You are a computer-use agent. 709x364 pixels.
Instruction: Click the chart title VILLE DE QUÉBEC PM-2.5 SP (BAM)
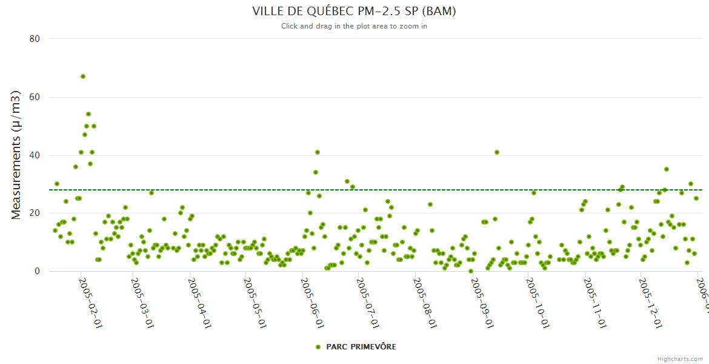pos(354,11)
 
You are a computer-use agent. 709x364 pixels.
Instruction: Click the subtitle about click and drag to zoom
pos(354,26)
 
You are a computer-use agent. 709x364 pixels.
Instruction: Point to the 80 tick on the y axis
pos(35,39)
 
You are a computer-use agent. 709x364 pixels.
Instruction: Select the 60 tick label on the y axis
pos(35,97)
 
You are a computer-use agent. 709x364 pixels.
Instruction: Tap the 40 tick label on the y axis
pos(35,155)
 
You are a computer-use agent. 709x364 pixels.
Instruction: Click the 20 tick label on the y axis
pos(35,214)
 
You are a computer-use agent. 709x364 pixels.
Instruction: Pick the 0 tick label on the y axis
pos(37,272)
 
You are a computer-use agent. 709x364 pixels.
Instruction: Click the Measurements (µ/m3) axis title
pos(16,155)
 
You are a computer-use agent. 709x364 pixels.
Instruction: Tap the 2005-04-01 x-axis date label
pos(199,295)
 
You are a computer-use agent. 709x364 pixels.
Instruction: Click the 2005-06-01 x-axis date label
pos(311,295)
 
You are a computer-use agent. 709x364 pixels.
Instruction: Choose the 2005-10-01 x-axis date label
pos(537,295)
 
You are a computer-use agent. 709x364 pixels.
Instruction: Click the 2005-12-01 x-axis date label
pos(650,295)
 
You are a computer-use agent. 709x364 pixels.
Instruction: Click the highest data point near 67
pos(83,76)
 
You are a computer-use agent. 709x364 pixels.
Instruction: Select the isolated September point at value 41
pos(497,152)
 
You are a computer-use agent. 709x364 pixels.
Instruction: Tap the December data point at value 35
pos(667,169)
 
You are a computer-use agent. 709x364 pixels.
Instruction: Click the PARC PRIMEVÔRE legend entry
pos(361,347)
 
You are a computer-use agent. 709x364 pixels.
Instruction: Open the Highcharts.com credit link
pos(681,359)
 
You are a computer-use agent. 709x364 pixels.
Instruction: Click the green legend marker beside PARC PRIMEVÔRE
pos(318,347)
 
